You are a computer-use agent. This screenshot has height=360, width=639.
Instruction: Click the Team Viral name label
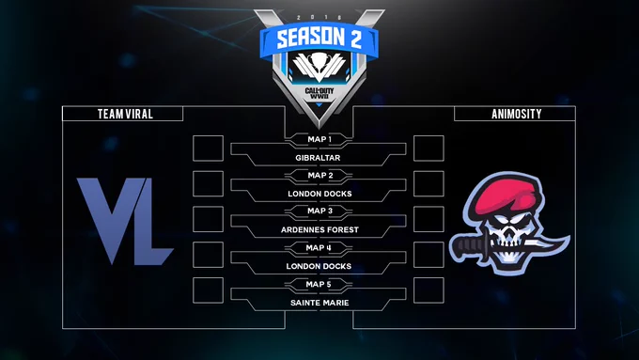pos(125,114)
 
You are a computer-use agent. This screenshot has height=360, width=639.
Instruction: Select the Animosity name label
pos(516,114)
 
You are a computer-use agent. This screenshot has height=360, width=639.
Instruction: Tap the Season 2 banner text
pos(319,39)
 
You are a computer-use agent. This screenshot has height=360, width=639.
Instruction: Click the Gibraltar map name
pos(318,158)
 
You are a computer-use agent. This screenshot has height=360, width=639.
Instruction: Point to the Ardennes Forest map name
pos(319,230)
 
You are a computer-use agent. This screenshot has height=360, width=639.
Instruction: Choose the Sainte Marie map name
pos(319,303)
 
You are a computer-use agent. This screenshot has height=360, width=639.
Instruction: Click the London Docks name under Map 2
pos(319,194)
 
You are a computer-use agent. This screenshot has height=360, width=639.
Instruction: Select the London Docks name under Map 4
pos(319,266)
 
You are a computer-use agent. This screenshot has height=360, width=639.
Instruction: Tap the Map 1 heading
pos(319,139)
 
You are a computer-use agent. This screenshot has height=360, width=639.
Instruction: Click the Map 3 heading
pos(319,211)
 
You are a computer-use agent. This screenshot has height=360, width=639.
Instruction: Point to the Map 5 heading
pos(319,284)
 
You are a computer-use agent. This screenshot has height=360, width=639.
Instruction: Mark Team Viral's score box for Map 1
pos(208,148)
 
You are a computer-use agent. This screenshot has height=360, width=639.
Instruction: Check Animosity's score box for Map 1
pos(429,148)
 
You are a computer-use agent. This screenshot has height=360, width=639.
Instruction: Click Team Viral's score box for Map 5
pos(208,290)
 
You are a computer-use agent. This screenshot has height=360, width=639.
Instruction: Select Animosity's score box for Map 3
pos(429,219)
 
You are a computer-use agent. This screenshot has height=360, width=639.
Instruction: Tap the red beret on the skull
pos(506,195)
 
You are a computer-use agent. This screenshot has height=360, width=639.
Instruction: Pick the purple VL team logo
pos(125,221)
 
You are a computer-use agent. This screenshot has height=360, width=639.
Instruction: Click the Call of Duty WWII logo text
pos(319,93)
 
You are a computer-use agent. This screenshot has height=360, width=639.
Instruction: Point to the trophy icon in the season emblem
pos(319,62)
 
